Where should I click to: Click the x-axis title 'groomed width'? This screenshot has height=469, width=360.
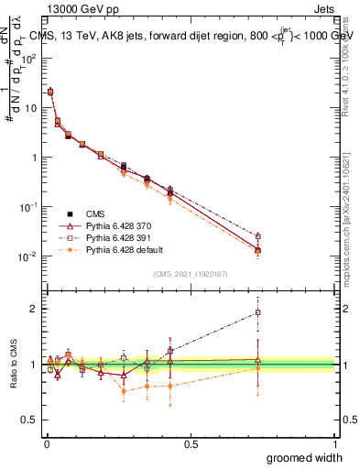[305, 457]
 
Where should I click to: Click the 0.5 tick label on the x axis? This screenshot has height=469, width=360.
[191, 442]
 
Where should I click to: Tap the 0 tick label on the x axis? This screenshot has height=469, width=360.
[46, 442]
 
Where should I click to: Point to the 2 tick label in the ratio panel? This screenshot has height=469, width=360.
[33, 309]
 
